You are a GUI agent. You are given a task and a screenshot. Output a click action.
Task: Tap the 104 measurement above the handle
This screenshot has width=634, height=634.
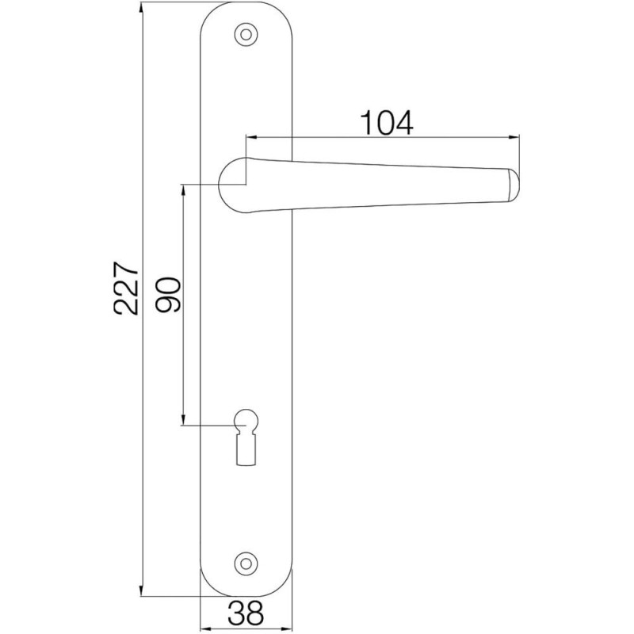coord(388,123)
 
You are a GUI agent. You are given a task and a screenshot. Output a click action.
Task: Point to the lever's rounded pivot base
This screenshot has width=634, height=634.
coord(234,185)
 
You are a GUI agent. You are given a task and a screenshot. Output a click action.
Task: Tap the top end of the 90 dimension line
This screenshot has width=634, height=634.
coord(184,185)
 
